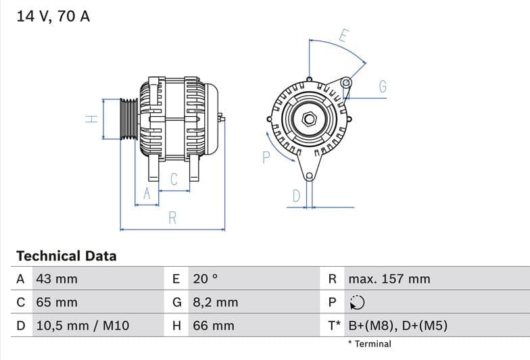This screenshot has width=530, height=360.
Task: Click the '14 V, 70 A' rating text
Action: click(x=53, y=16)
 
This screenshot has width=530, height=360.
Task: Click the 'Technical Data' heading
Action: click(x=66, y=256)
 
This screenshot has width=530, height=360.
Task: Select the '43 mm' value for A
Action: click(x=56, y=279)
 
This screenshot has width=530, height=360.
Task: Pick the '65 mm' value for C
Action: click(x=56, y=302)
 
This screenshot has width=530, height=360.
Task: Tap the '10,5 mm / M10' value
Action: click(x=82, y=326)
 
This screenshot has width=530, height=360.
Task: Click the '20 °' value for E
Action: click(x=206, y=279)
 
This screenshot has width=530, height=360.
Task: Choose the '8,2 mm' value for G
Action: click(x=215, y=302)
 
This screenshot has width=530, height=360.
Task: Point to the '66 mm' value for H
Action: click(x=213, y=326)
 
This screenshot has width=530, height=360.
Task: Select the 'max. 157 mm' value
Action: click(x=389, y=279)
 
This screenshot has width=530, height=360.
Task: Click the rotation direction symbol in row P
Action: click(x=356, y=303)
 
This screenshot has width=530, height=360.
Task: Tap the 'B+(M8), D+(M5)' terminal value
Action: click(x=397, y=326)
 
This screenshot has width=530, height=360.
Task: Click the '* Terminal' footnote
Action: click(x=369, y=344)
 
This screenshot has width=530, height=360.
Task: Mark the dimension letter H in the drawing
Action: click(x=92, y=119)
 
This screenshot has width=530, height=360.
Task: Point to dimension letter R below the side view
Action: click(x=172, y=217)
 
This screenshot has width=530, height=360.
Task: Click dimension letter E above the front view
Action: click(x=343, y=36)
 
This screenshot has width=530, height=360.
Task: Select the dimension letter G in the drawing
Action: click(x=382, y=86)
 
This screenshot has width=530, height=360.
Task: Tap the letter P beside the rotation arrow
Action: click(x=266, y=157)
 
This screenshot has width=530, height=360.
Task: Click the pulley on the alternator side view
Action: click(x=128, y=119)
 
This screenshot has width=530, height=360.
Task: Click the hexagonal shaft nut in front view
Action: click(x=309, y=119)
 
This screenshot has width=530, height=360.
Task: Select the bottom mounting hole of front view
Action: click(x=309, y=177)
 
